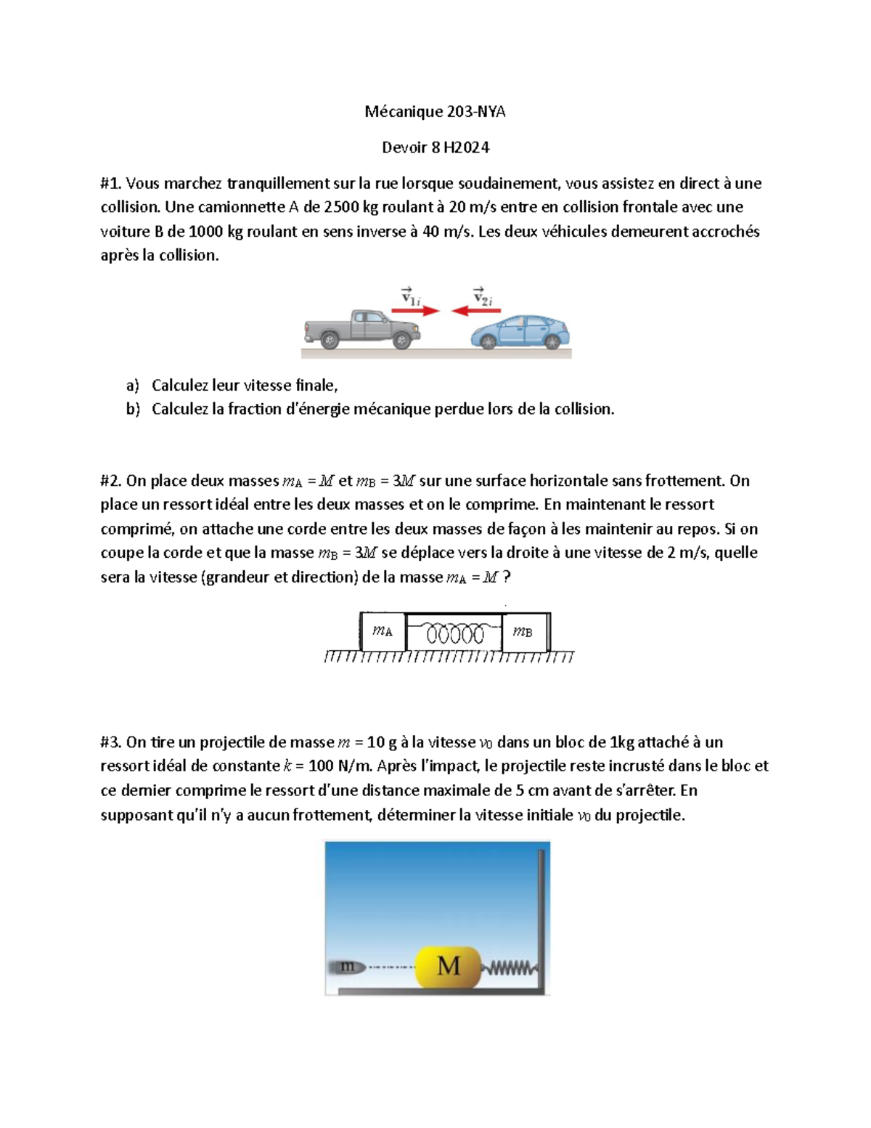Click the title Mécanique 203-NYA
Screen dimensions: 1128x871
click(x=435, y=111)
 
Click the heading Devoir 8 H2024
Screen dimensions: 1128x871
click(x=435, y=147)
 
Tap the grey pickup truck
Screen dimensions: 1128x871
click(x=361, y=329)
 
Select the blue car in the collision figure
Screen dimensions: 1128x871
click(x=520, y=332)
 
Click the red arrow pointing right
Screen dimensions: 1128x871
click(x=415, y=311)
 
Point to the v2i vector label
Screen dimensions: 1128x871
click(x=483, y=296)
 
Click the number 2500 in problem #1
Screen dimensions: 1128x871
click(x=341, y=207)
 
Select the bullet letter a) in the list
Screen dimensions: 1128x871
click(x=132, y=385)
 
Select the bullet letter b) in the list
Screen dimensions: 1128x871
click(x=132, y=409)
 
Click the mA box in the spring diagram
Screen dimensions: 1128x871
click(x=383, y=631)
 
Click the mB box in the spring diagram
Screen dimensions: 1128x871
click(x=524, y=631)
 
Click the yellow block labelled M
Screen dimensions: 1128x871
click(x=448, y=966)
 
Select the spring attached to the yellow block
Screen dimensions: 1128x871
click(x=510, y=967)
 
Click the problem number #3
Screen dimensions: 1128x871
click(x=111, y=742)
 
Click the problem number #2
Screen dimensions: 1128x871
click(x=111, y=481)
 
